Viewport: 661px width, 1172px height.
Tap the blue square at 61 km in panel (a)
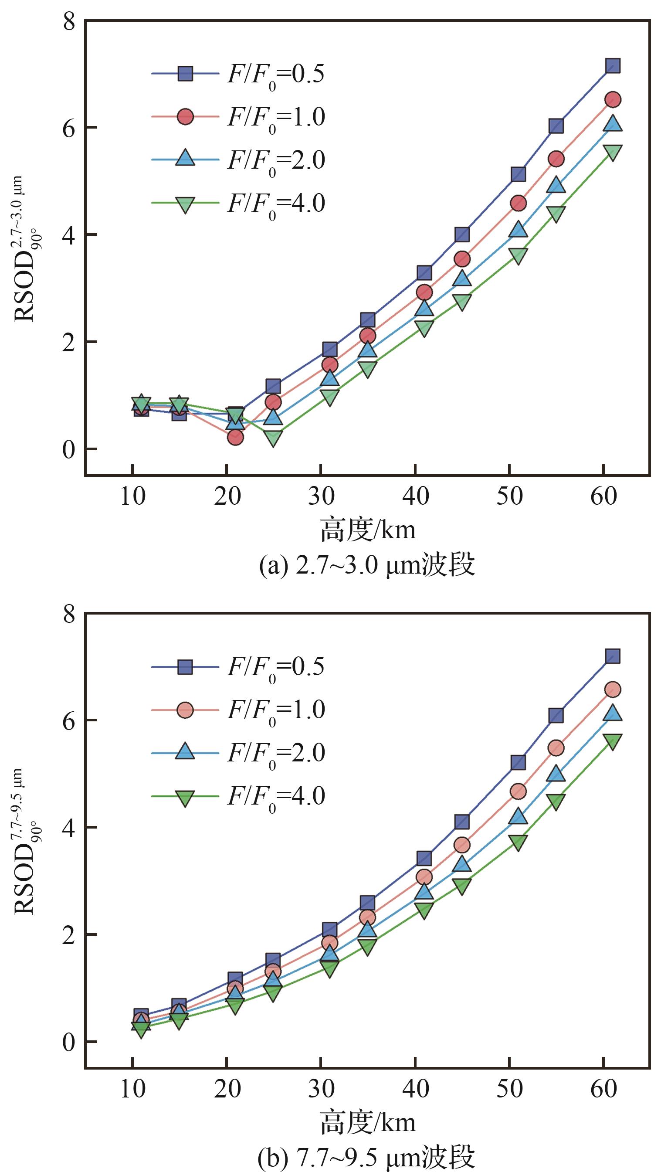613,65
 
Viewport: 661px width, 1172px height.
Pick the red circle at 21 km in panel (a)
235,437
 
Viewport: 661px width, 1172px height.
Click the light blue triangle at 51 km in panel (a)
518,229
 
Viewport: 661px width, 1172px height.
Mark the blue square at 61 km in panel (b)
613,656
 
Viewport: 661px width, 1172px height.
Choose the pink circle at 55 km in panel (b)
556,748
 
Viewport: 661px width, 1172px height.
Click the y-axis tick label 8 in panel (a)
69,21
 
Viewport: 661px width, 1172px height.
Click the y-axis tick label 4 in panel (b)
69,827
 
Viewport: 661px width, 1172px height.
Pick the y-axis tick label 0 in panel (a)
69,449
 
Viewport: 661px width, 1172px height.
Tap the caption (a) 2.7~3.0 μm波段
367,566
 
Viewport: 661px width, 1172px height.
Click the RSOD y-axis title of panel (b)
25,840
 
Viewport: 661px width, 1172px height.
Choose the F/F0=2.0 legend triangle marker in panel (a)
185,159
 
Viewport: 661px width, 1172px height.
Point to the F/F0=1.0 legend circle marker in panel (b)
185,710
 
